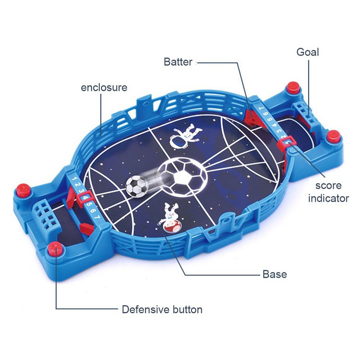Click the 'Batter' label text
tap(178, 62)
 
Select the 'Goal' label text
tap(308, 52)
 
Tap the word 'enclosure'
tap(104, 87)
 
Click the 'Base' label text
tap(274, 274)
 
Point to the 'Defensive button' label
tap(162, 310)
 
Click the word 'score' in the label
tap(328, 186)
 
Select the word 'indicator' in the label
tap(328, 198)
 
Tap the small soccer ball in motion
tap(137, 186)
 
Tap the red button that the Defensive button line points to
tap(55, 249)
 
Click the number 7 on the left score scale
tap(98, 217)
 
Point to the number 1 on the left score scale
tap(74, 178)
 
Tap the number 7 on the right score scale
tap(261, 108)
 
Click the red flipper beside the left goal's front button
tap(87, 229)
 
